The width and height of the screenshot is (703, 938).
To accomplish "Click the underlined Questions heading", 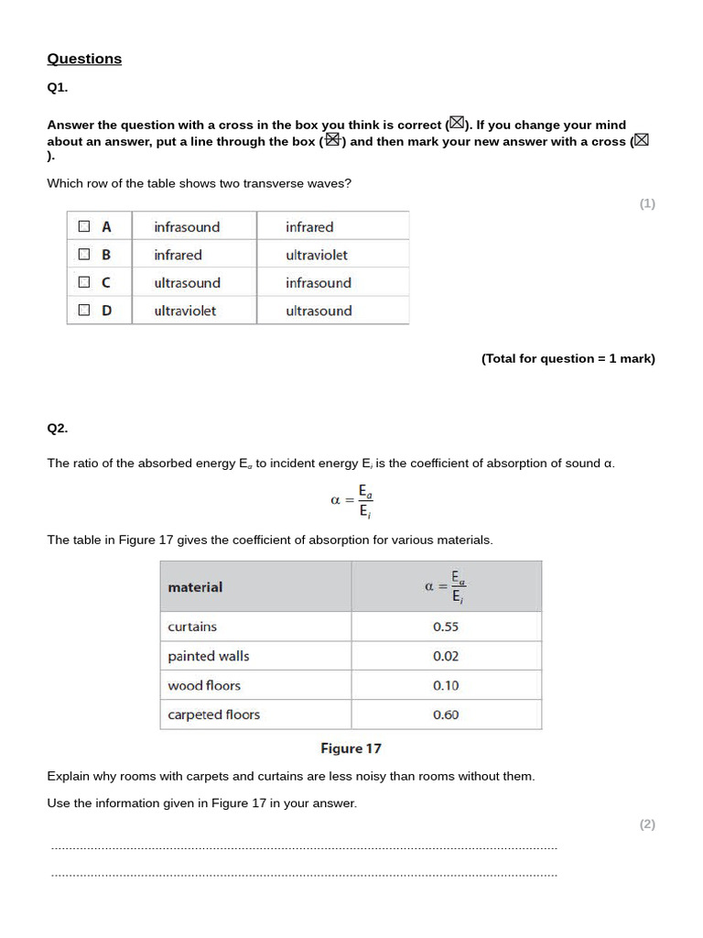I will click(84, 59).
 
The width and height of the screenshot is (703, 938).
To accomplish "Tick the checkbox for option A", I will click(84, 226).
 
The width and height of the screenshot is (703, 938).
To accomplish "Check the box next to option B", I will click(84, 255).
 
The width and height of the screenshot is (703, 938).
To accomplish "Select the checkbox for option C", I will click(84, 283).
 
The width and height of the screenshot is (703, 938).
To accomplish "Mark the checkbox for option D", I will click(84, 311).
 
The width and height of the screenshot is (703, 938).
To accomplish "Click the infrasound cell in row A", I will click(187, 226).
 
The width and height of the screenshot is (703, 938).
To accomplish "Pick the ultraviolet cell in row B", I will click(317, 255).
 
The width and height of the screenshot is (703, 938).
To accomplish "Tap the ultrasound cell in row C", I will click(187, 283).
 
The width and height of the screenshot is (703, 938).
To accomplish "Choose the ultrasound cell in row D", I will click(319, 311).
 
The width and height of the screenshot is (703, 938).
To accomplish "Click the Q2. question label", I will click(58, 428).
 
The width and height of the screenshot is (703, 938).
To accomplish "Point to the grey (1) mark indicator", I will click(647, 203).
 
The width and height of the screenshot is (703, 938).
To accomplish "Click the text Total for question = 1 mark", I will click(568, 358).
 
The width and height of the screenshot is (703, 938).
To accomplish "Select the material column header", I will click(195, 587).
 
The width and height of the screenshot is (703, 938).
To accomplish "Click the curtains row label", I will click(192, 627).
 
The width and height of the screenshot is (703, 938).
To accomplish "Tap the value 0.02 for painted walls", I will click(446, 656).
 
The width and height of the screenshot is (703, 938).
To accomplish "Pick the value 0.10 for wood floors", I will click(446, 685).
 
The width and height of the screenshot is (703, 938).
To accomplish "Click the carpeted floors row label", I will click(213, 714).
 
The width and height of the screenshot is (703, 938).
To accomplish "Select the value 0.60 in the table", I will click(446, 714).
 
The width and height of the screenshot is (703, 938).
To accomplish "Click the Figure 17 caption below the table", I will click(351, 748).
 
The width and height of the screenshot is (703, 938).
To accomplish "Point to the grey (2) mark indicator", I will click(647, 823).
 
